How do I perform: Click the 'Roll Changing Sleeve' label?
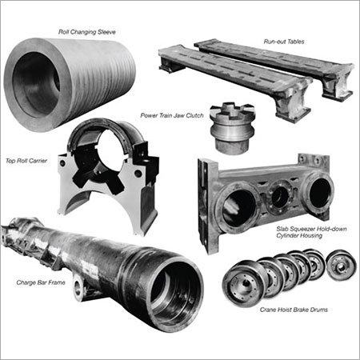coord(87,32)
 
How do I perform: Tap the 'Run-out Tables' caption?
coord(284,42)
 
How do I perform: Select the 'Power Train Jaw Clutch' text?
coord(172,115)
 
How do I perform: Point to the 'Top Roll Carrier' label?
coord(26,161)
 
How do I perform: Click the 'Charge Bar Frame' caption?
coord(41,282)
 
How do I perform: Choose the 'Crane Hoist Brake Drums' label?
coord(294,310)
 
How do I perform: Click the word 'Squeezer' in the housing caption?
coord(302,229)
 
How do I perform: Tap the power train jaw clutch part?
coord(233,127)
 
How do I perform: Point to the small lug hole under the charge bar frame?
coord(78,289)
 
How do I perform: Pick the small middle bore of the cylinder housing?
coord(280,197)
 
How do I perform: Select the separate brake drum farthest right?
coord(342,266)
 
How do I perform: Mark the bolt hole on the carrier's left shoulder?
coord(62,163)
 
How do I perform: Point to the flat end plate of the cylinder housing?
coord(205,206)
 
